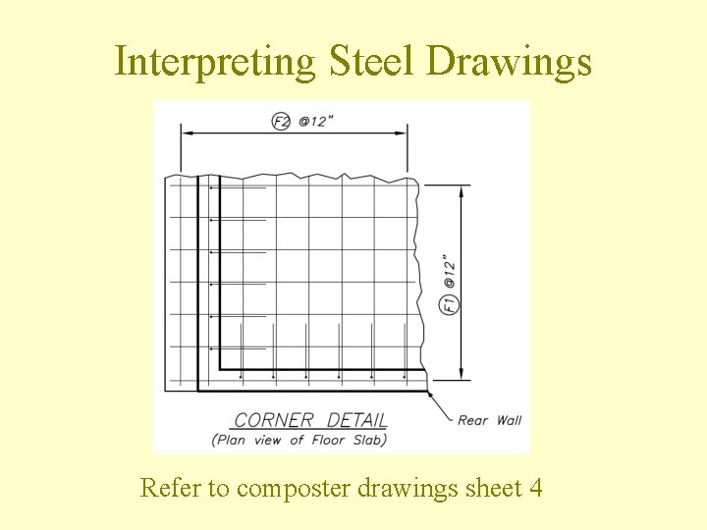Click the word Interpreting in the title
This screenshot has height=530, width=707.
click(x=214, y=61)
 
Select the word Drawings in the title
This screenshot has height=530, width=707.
click(x=510, y=61)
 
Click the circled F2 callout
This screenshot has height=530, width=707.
click(x=281, y=121)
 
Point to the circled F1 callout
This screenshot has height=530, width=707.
click(x=448, y=303)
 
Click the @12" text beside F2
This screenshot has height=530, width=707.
click(x=317, y=121)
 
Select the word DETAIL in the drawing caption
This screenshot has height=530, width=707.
click(x=356, y=420)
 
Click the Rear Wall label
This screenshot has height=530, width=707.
click(x=490, y=420)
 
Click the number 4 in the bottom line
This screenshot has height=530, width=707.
click(x=535, y=487)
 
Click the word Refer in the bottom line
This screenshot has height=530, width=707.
click(x=169, y=487)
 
